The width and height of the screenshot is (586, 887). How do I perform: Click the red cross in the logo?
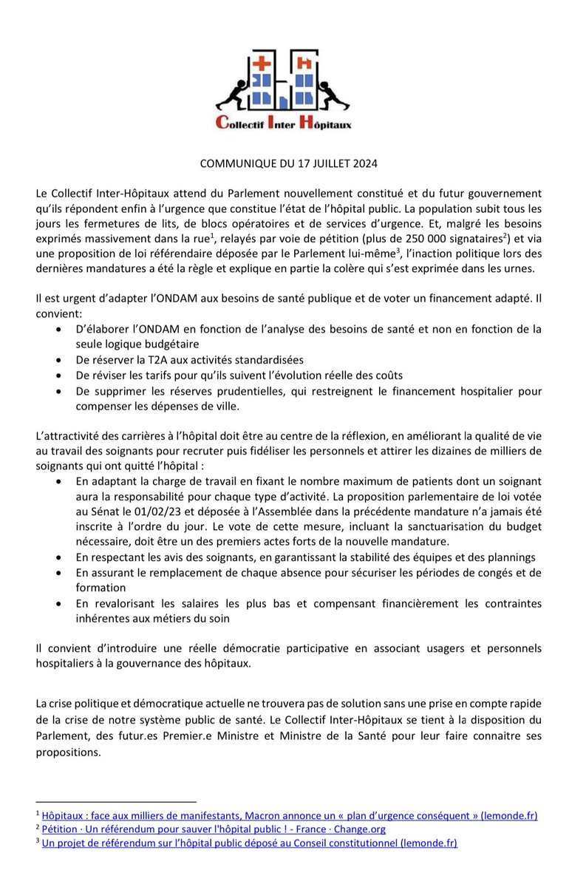coord(261,65)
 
